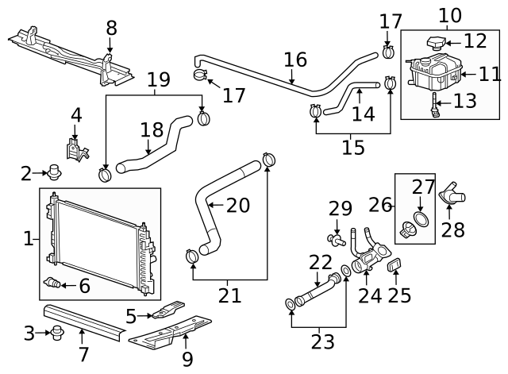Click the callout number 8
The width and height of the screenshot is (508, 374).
[x=111, y=28]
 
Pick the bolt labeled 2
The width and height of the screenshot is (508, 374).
[x=55, y=171]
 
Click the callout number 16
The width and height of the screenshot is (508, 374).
[x=294, y=60]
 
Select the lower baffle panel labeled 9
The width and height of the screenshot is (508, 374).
[x=171, y=332]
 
